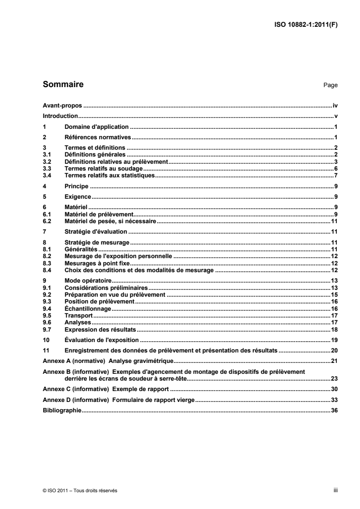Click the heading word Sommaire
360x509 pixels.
(63, 84)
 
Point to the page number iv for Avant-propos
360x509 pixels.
(335, 105)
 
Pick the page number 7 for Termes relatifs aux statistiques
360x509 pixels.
(336, 175)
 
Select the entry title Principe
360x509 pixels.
(77, 186)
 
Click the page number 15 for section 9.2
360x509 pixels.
(334, 295)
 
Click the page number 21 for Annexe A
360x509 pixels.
(334, 361)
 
